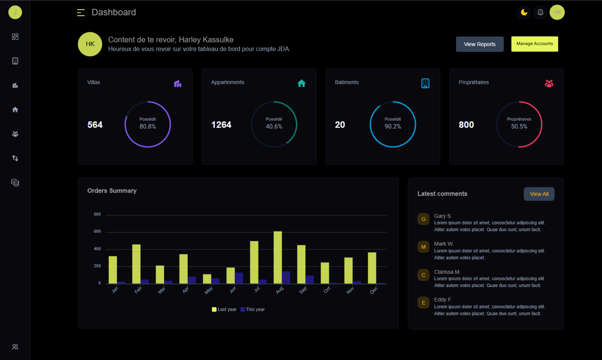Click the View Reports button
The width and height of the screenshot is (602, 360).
coord(480,44)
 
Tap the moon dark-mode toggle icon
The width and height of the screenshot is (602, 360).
coord(524,12)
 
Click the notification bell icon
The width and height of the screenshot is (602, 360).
coord(540,12)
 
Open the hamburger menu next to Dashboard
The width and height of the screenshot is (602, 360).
coord(81,12)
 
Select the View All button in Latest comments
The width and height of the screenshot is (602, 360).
coord(539,194)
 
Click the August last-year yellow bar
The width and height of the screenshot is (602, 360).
coord(278,257)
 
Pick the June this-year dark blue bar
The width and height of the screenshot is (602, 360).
coord(239,278)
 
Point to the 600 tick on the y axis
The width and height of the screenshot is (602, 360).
coord(97,231)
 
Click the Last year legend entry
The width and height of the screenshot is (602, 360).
coord(224,309)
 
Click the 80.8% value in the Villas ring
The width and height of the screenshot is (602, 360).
coord(148,127)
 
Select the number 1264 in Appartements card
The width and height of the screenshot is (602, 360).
coord(221,125)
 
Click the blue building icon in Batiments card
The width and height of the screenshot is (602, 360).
coord(425,83)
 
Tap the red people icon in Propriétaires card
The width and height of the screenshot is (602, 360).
coord(549,83)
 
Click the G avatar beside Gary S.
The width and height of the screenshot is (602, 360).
coord(423,219)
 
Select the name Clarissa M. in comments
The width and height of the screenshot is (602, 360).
coord(447,272)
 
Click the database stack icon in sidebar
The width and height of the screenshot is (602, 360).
coord(15,183)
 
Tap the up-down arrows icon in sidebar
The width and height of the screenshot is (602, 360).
coord(15,158)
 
